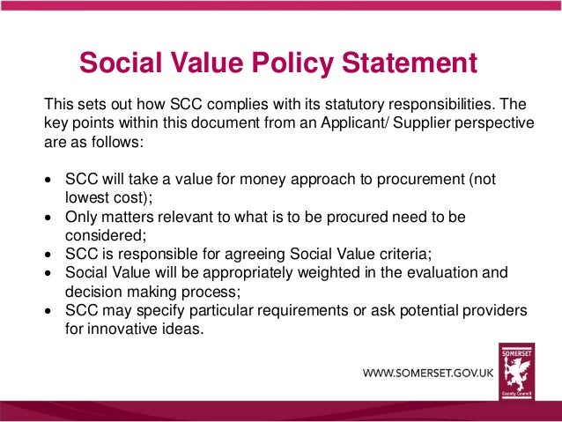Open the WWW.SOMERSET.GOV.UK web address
pos(429,374)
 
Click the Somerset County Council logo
pos(516,370)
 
